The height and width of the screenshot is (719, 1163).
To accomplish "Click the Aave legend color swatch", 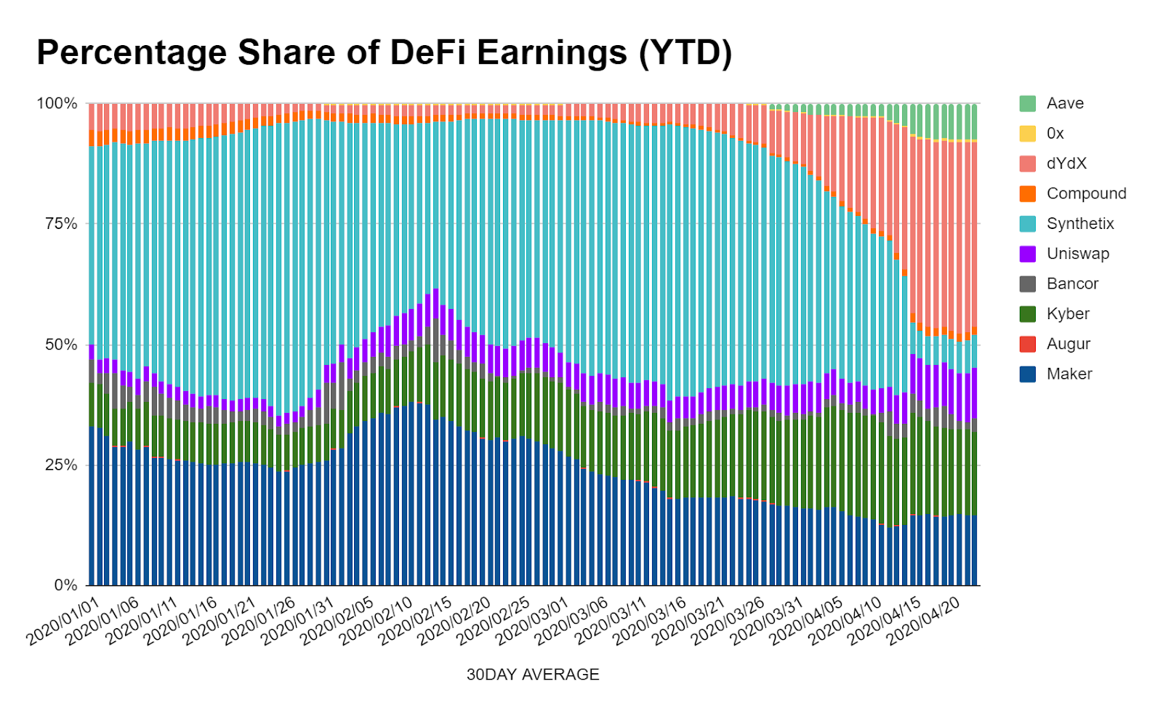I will click(x=1028, y=103).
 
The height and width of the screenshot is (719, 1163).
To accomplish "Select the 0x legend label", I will click(x=1055, y=134).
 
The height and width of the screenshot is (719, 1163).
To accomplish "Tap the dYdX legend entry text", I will click(x=1066, y=164).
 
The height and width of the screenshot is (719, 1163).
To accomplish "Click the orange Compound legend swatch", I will click(x=1028, y=194).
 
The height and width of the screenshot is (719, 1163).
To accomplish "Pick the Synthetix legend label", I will click(x=1080, y=224).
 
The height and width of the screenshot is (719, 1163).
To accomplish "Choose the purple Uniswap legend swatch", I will click(x=1028, y=254).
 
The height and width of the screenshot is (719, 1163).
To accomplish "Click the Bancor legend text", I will click(x=1072, y=284).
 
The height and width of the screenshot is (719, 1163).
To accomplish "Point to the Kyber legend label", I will click(x=1068, y=314).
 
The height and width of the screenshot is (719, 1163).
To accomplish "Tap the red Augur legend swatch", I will click(x=1028, y=344).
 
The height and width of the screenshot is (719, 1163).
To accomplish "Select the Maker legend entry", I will click(x=1069, y=374).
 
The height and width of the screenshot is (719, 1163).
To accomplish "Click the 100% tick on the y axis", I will click(x=57, y=103).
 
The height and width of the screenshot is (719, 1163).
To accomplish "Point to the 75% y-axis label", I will click(x=61, y=224).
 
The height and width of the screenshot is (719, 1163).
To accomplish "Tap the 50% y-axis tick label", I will click(x=61, y=345).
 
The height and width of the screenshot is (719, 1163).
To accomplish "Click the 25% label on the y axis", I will click(x=61, y=465).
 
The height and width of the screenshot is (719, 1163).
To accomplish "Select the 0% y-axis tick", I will click(x=65, y=585).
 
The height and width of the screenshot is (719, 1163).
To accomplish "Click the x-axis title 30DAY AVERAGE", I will click(x=533, y=675).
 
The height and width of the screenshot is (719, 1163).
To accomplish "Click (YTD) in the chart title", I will click(x=684, y=52).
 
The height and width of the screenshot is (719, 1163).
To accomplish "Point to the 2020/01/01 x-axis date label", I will click(x=63, y=622).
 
